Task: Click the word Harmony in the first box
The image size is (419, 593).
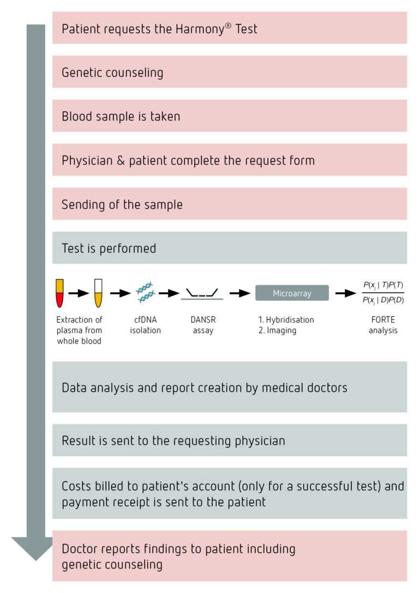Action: coord(200,29)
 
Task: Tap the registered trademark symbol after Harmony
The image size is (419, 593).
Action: coord(228,25)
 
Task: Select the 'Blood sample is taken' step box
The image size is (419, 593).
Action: coord(229,116)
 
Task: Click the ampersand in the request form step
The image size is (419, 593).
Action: coord(121,160)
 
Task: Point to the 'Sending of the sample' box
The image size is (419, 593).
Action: coord(229,204)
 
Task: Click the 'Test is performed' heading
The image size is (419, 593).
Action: coord(109,248)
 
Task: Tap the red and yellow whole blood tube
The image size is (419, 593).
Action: coord(60,293)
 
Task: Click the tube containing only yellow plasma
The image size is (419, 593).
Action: coord(98,293)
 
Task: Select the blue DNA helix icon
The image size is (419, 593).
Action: coord(145,292)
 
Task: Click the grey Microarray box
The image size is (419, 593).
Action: coord(292,293)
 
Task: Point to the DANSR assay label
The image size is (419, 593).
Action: coord(203,325)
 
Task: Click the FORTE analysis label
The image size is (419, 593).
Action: coord(383,325)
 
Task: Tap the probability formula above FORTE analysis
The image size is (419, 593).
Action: coord(383,292)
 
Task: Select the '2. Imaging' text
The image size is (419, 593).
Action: coord(278,330)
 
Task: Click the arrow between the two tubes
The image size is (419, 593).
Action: coord(79,293)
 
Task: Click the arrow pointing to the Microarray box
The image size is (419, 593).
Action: coord(240,293)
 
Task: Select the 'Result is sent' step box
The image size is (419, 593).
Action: coord(229,440)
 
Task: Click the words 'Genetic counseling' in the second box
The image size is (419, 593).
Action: coord(112,72)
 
